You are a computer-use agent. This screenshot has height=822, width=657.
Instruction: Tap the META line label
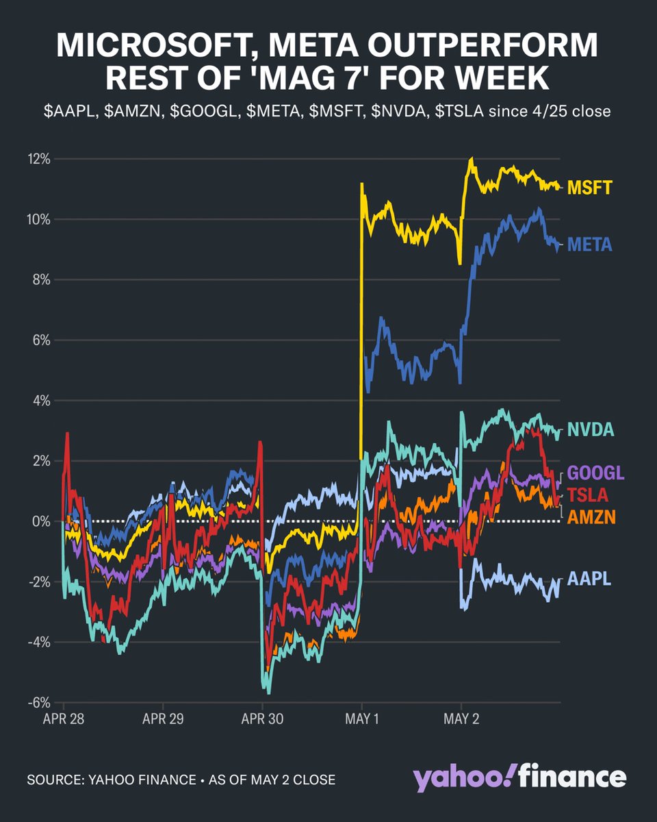click(592, 245)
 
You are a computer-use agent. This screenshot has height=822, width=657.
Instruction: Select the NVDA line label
click(592, 430)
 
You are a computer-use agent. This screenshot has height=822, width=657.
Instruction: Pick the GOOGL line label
click(596, 473)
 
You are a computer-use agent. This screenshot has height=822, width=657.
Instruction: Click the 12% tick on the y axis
click(40, 160)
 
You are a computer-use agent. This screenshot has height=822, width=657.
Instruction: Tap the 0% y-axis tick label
click(42, 522)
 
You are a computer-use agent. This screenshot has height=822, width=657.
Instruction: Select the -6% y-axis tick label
click(40, 703)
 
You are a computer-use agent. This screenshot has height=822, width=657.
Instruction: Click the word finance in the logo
click(572, 778)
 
